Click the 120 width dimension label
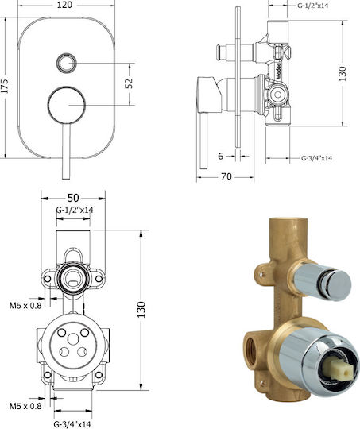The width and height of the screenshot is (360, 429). point(64,5)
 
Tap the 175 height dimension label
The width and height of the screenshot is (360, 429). point(5,86)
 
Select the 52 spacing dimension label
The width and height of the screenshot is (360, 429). point(129,83)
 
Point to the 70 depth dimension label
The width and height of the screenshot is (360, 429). point(226,176)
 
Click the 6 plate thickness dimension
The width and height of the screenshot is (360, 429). point(221,156)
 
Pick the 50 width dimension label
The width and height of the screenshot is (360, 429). point(73,198)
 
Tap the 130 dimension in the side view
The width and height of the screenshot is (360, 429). point(343,73)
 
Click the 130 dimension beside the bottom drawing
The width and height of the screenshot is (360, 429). point(141,310)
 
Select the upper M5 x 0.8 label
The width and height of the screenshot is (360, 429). point(25,305)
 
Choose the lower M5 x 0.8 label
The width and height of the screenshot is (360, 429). point(25,406)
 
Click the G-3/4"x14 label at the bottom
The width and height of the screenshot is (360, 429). point(72,424)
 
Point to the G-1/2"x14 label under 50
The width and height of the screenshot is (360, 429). point(75,210)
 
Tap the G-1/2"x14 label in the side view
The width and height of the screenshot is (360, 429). point(312,6)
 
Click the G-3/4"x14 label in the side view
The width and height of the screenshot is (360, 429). point(317,158)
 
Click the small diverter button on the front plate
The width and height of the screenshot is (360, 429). point(66,63)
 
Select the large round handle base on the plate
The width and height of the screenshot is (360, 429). point(67,105)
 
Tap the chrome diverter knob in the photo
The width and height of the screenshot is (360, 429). point(323,282)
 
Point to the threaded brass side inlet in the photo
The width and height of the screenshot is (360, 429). point(251,346)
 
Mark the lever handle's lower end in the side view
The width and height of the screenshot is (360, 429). point(203,168)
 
